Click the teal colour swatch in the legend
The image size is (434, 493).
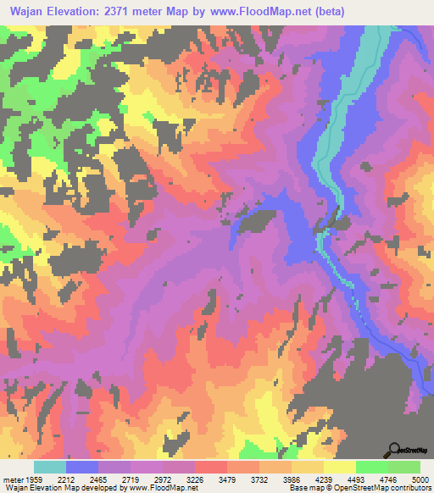click(x=50, y=466)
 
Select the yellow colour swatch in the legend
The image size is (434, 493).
click(x=339, y=466)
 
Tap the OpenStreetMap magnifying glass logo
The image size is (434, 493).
click(x=394, y=450)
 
